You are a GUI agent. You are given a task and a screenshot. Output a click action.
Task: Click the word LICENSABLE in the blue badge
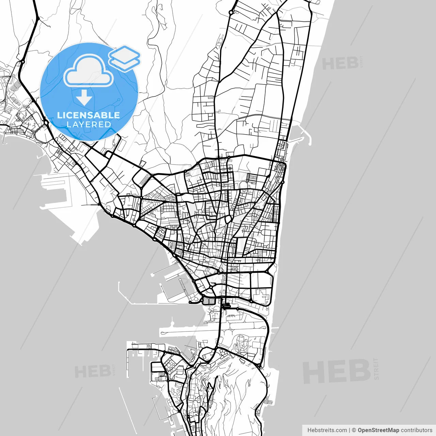click(89, 115)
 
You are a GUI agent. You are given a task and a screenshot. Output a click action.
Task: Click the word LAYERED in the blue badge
click(89, 124)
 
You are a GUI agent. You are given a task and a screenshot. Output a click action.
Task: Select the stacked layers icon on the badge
click(124, 58)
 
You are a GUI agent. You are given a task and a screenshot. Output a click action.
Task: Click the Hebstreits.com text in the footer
click(327, 430)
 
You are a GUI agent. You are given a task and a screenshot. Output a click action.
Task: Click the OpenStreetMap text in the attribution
click(378, 430)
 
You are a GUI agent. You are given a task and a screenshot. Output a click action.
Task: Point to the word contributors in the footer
click(416, 430)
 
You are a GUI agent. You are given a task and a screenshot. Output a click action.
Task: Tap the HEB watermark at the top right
click(340, 64)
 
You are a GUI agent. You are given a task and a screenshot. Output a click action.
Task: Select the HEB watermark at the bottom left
click(92, 371)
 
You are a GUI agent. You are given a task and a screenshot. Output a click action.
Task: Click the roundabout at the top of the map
click(231, 12)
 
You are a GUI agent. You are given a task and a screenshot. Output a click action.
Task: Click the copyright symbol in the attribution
click(354, 430)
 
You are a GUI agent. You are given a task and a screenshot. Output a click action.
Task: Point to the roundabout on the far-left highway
click(22, 62)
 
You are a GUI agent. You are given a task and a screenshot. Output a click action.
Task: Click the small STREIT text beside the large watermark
click(376, 369)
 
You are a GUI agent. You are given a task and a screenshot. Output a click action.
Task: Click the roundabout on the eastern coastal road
click(283, 182)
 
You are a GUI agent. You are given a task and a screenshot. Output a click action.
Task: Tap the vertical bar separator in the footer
click(349, 430)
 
